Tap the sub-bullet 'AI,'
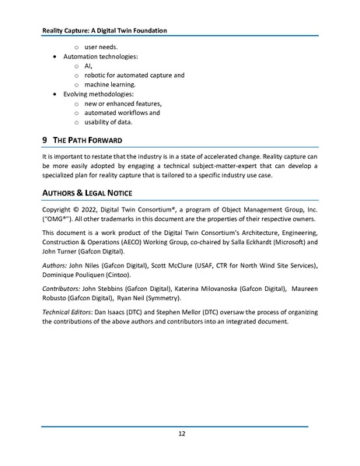[89, 66]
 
